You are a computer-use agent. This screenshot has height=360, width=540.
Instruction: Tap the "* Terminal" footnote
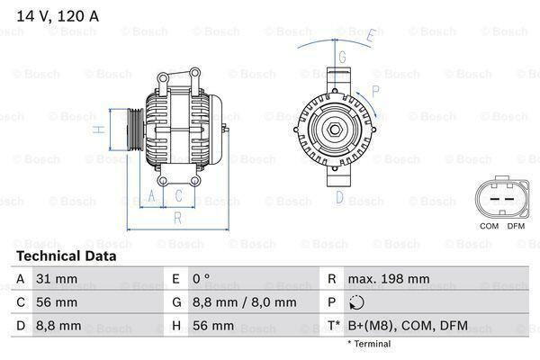[x=370, y=344]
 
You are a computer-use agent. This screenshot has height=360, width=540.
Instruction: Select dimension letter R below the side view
[x=177, y=217]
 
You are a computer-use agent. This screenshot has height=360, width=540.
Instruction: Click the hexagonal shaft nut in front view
[x=334, y=130]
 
